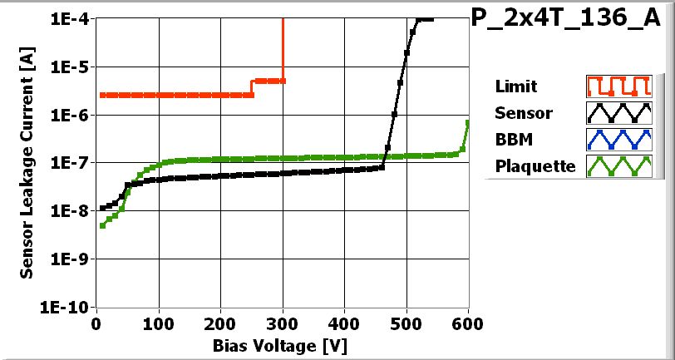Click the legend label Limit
[x=515, y=86]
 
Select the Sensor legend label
[x=523, y=113]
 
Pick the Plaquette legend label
[x=535, y=166]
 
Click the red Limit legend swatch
[x=617, y=86]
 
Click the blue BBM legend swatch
[x=617, y=140]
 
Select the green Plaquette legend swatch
[x=617, y=166]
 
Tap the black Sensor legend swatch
[x=617, y=113]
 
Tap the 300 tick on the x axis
[x=283, y=323]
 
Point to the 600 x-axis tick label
[x=469, y=323]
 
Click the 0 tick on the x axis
[x=97, y=323]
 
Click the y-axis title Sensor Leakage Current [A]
[x=27, y=162]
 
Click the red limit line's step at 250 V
[x=252, y=87]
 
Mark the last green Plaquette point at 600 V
[x=468, y=123]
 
